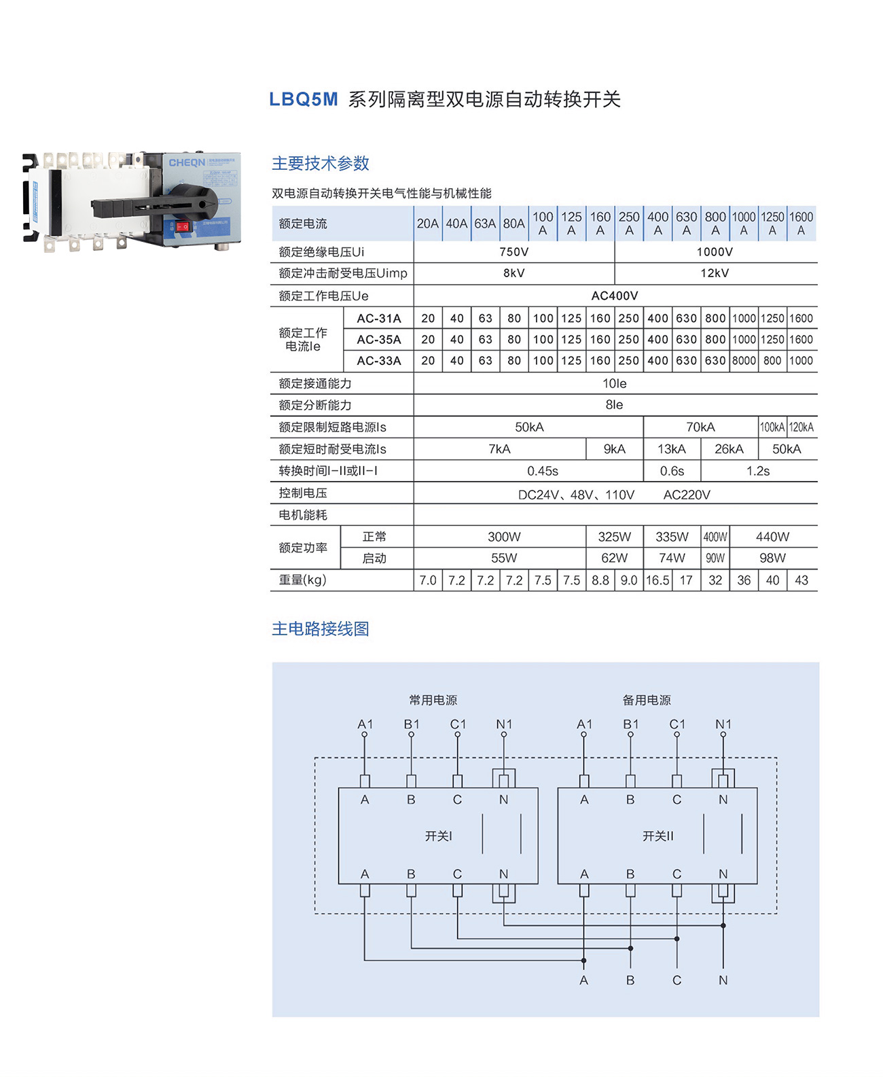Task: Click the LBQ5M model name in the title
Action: pyautogui.click(x=303, y=99)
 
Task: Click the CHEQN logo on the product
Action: pyautogui.click(x=187, y=162)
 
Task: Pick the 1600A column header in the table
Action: pyautogui.click(x=801, y=223)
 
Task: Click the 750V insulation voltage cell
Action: pyautogui.click(x=513, y=252)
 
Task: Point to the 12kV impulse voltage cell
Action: pyautogui.click(x=715, y=273)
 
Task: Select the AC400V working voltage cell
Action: pyautogui.click(x=615, y=296)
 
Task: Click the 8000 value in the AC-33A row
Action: pyautogui.click(x=744, y=361)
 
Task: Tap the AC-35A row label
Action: pyautogui.click(x=379, y=340)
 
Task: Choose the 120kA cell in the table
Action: pyautogui.click(x=801, y=427)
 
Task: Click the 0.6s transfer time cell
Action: pyautogui.click(x=672, y=471)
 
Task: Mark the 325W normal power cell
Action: pyautogui.click(x=615, y=537)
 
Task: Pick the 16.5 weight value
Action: pyautogui.click(x=657, y=580)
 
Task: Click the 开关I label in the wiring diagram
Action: pyautogui.click(x=438, y=836)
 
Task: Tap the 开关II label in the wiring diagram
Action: pyautogui.click(x=658, y=836)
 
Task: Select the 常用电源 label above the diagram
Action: pyautogui.click(x=433, y=700)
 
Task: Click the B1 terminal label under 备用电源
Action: pyautogui.click(x=630, y=724)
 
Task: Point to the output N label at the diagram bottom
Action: pyautogui.click(x=723, y=980)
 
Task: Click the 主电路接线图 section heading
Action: pyautogui.click(x=320, y=629)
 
